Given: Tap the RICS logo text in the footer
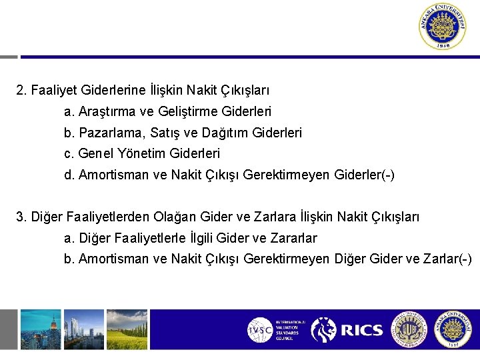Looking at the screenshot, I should pyautogui.click(x=362, y=330).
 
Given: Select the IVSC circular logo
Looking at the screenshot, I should pyautogui.click(x=259, y=331).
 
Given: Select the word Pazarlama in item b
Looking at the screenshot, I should pyautogui.click(x=106, y=133).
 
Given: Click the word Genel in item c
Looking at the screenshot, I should pyautogui.click(x=96, y=154).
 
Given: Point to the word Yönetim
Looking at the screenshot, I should pyautogui.click(x=143, y=154).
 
